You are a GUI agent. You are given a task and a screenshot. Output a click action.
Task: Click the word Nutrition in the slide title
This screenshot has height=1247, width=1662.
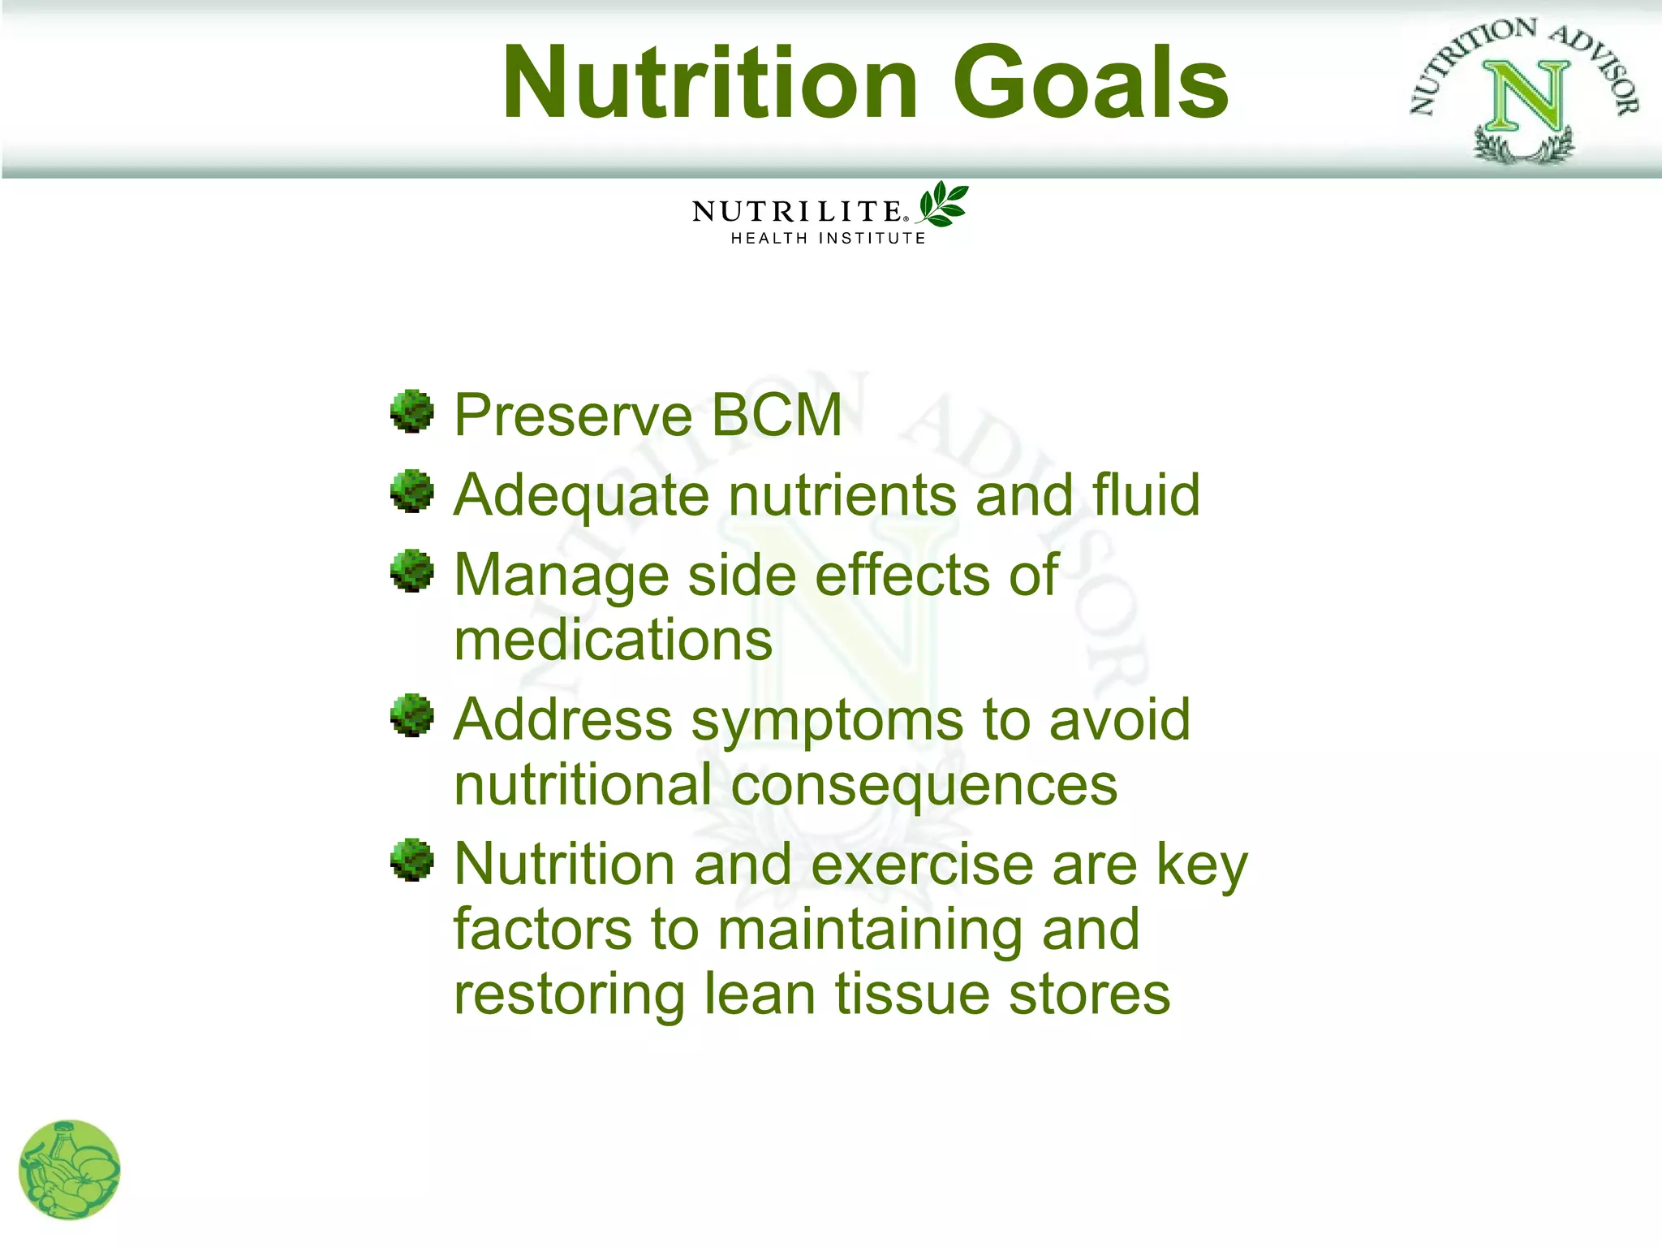[710, 83]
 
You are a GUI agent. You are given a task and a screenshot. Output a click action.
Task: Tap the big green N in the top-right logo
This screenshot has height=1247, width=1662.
[1526, 96]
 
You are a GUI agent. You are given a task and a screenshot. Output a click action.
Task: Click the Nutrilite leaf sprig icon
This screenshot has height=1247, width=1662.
[942, 205]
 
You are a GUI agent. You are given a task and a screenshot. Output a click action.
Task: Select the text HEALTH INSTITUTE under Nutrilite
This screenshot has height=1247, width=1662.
[828, 238]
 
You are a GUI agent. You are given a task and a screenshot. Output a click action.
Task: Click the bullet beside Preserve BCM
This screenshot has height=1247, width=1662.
[412, 412]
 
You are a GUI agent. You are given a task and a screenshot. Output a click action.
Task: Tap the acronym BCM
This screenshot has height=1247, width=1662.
[777, 416]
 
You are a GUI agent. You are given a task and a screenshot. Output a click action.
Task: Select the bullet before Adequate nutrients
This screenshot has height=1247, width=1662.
[412, 491]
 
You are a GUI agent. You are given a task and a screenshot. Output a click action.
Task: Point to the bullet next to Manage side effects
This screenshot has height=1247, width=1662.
[412, 571]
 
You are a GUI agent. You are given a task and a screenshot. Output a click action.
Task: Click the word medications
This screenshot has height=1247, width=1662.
[613, 641]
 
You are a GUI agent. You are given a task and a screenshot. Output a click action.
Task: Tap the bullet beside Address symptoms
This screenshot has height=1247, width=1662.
[412, 715]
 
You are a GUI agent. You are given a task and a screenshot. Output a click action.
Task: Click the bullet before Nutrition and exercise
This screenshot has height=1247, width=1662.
[412, 860]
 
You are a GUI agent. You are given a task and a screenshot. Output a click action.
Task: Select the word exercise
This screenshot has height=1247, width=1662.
[922, 865]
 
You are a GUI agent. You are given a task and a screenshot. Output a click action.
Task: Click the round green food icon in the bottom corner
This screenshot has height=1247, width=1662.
[69, 1170]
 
